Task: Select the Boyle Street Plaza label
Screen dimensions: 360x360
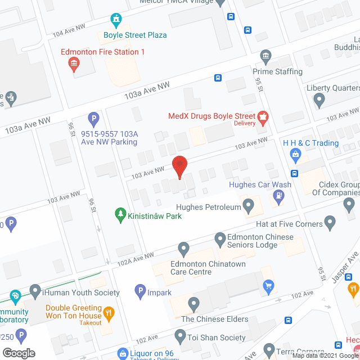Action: click(135, 35)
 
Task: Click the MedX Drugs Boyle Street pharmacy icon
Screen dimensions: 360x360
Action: click(262, 117)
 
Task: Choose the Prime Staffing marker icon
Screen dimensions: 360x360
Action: click(265, 56)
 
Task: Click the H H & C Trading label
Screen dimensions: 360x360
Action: click(310, 143)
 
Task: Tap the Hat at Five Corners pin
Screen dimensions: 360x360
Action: click(331, 224)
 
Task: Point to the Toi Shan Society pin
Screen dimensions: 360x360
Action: click(180, 337)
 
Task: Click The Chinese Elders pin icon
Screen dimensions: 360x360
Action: click(193, 305)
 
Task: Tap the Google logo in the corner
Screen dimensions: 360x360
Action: click(18, 353)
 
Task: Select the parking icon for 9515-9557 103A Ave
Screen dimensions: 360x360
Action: click(93, 119)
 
